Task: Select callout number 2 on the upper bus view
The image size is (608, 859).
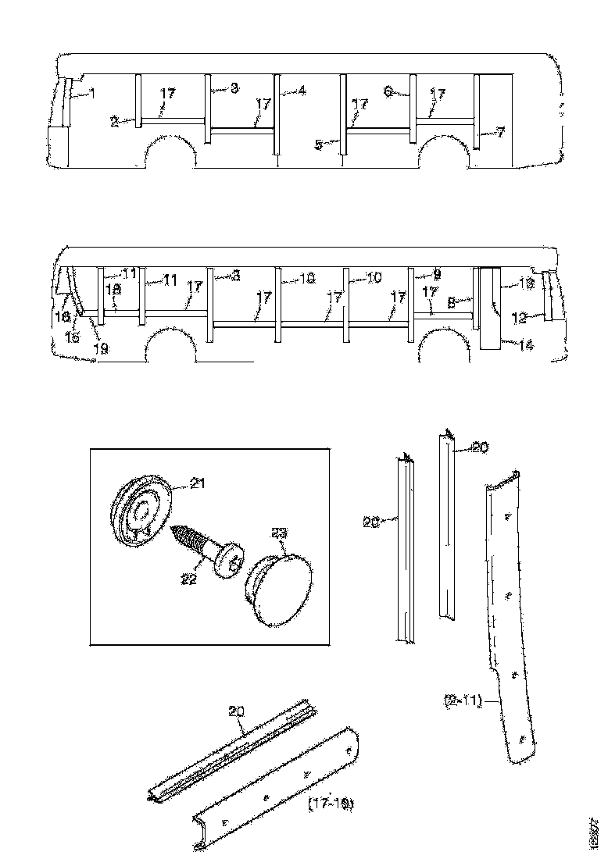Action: pos(114,122)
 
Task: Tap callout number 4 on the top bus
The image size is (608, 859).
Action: pos(302,91)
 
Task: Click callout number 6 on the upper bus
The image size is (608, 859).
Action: pos(388,91)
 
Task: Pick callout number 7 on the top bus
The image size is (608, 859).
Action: pos(501,133)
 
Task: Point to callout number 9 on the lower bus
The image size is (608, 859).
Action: pos(437,274)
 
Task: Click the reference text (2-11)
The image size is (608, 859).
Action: pos(459,703)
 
